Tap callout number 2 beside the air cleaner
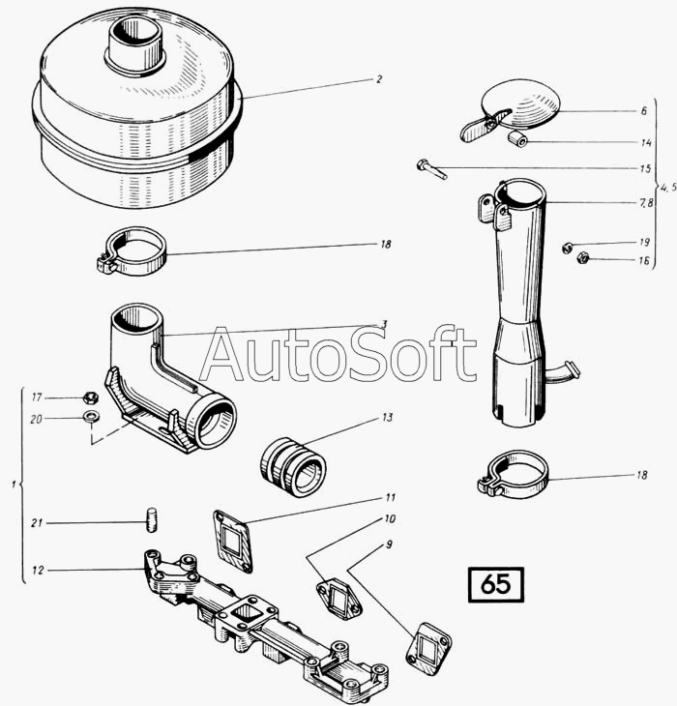381,78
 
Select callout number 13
386,418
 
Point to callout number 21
35,523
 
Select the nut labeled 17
88,397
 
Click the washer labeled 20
90,417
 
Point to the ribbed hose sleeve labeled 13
293,466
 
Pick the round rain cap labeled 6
522,103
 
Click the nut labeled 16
582,258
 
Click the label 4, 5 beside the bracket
665,188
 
